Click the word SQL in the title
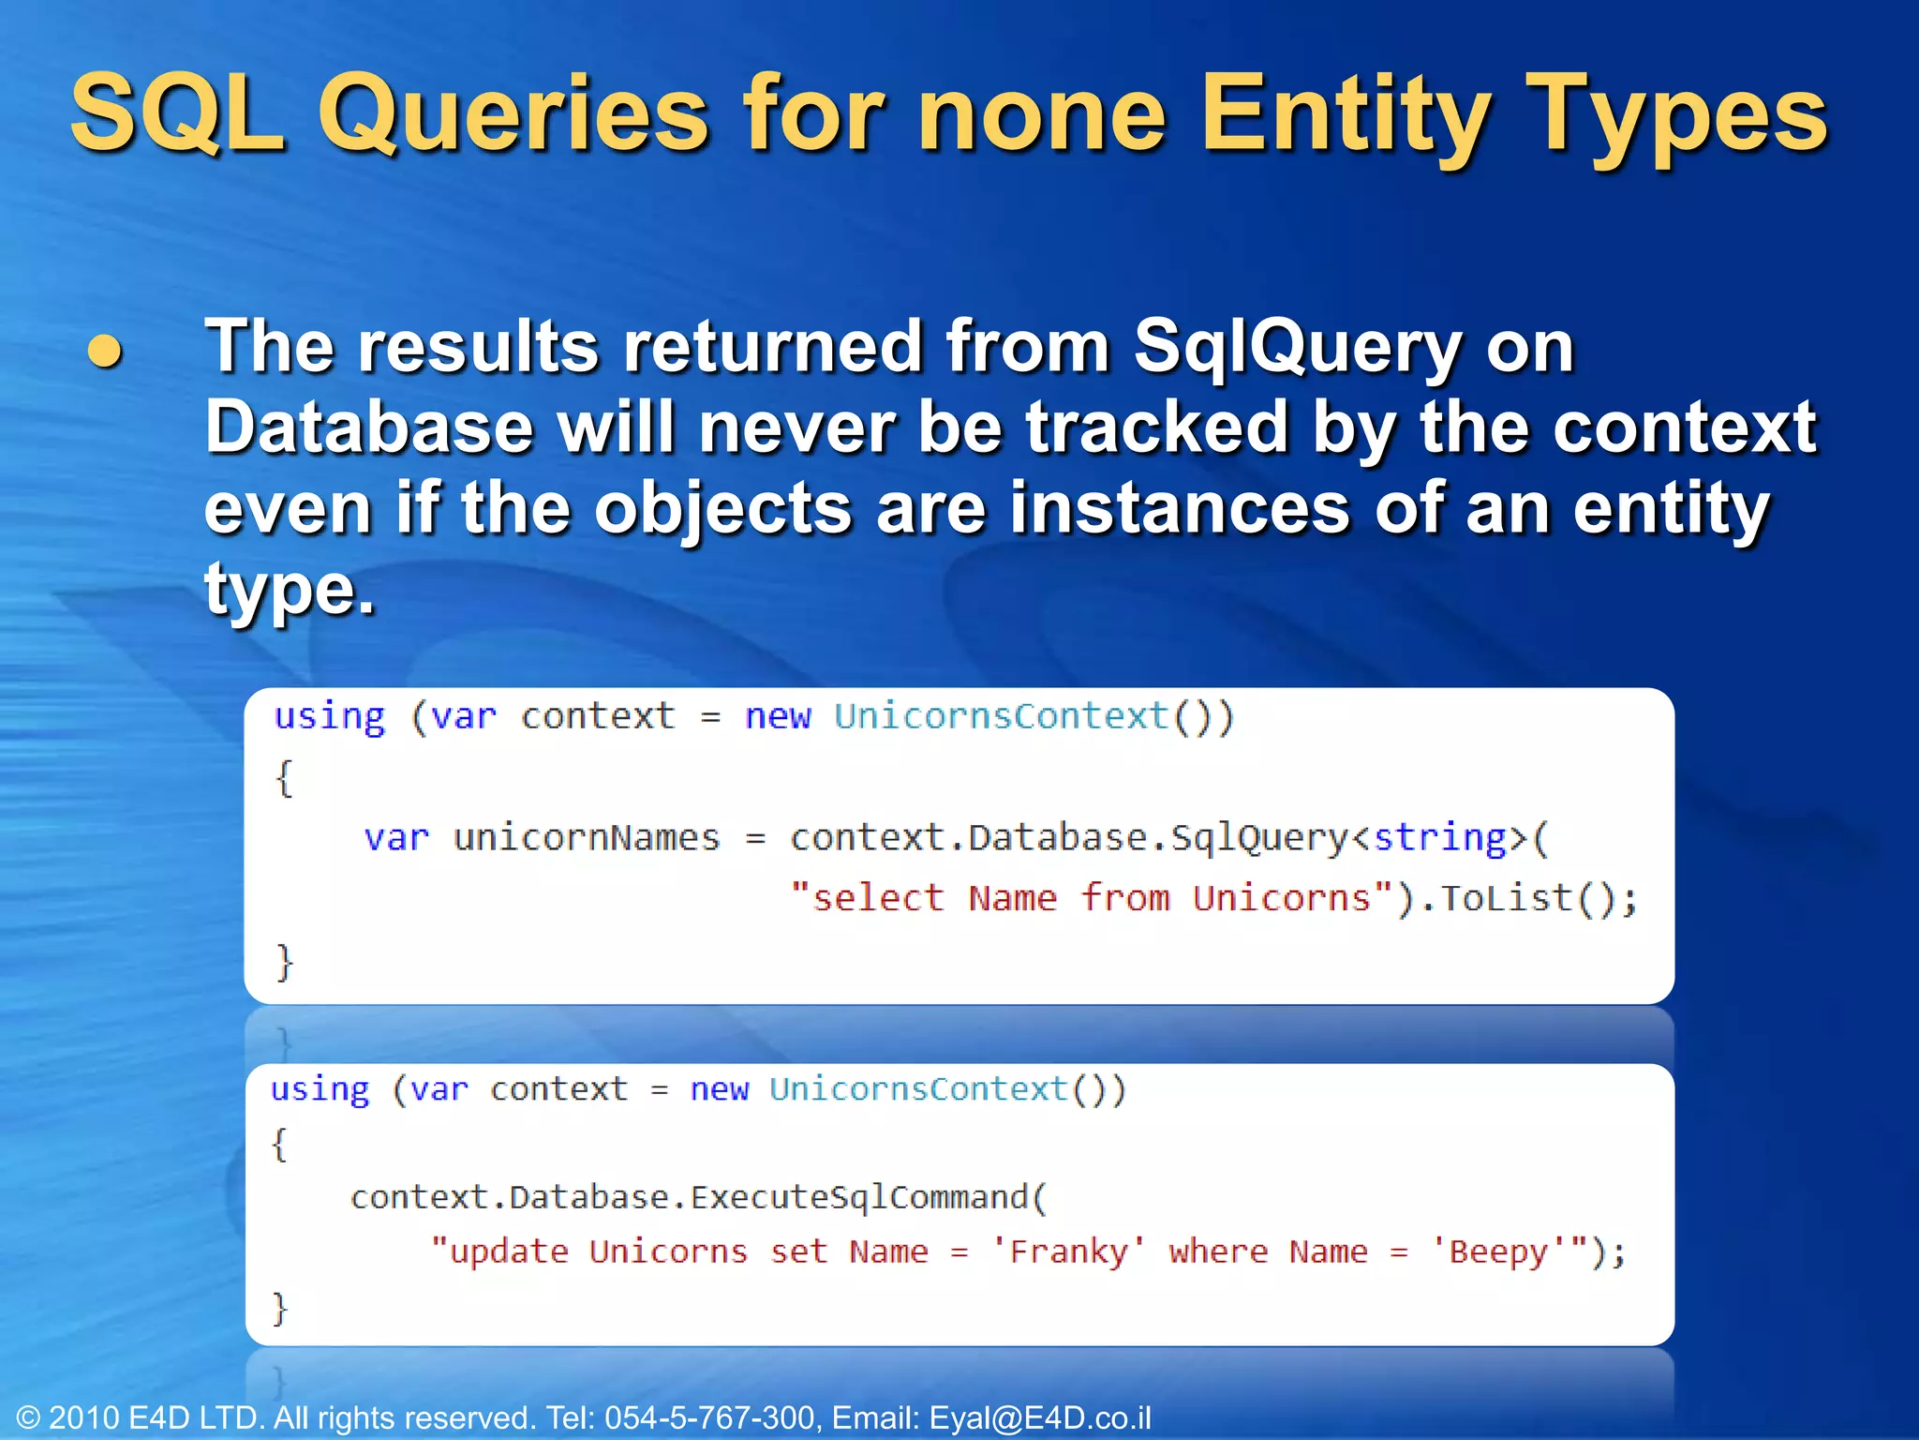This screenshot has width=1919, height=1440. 177,114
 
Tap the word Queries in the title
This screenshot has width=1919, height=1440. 513,114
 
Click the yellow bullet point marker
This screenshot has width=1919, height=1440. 105,352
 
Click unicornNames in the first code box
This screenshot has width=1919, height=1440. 587,837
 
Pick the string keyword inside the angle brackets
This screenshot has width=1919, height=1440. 1439,837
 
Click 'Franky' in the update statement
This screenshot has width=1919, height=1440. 1068,1252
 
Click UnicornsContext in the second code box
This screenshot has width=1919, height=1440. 918,1089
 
